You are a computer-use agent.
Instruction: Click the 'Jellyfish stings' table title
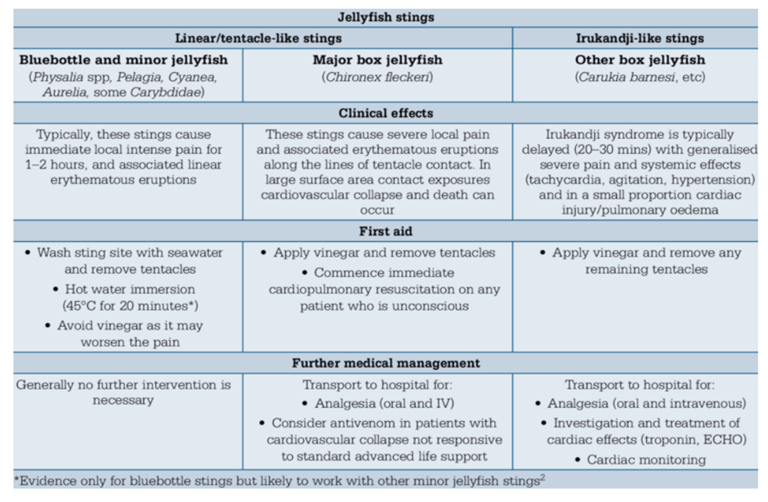tap(386, 17)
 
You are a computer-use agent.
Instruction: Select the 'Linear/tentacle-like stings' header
tap(258, 38)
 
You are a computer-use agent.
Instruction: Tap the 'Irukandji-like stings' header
tap(640, 38)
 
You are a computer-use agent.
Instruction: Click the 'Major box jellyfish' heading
tap(377, 60)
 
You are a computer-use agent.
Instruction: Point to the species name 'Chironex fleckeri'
tap(377, 77)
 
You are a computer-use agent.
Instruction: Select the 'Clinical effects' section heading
tap(386, 114)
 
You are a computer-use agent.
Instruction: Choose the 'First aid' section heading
tap(386, 231)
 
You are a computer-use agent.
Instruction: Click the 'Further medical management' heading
tap(386, 363)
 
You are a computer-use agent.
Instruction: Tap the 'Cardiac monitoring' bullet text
tap(646, 459)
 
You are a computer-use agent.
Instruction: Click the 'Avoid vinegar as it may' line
tap(130, 325)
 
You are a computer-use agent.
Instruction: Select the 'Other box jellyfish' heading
tap(640, 60)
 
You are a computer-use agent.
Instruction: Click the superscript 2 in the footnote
tap(543, 477)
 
